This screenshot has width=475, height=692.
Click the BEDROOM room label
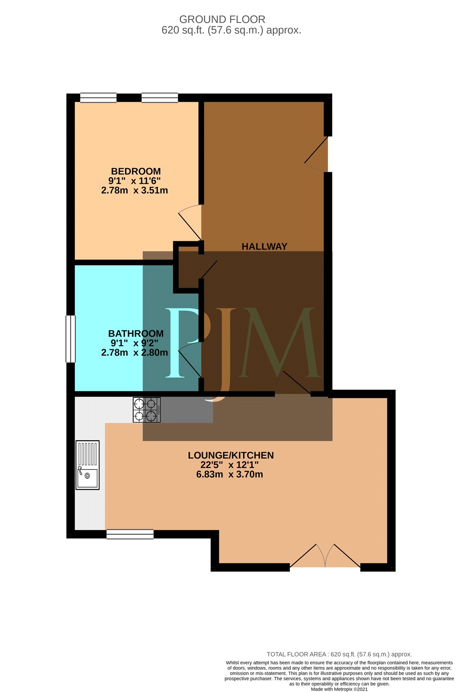coord(136,171)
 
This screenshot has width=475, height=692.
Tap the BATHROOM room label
coord(136,333)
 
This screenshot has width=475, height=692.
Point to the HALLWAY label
coord(264,246)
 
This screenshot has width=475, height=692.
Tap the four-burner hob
coord(147,410)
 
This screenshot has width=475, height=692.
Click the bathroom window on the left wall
coord(71,339)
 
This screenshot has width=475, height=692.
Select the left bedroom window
coord(98,98)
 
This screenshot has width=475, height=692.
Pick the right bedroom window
coord(160,98)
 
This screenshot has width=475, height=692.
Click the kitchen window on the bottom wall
coord(130,534)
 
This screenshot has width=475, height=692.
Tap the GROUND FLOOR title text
coord(222,19)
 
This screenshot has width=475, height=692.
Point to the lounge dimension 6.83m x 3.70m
coord(230,474)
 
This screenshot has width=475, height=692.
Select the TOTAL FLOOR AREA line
coord(339,654)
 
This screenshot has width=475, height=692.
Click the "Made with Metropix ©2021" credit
coord(339,689)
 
